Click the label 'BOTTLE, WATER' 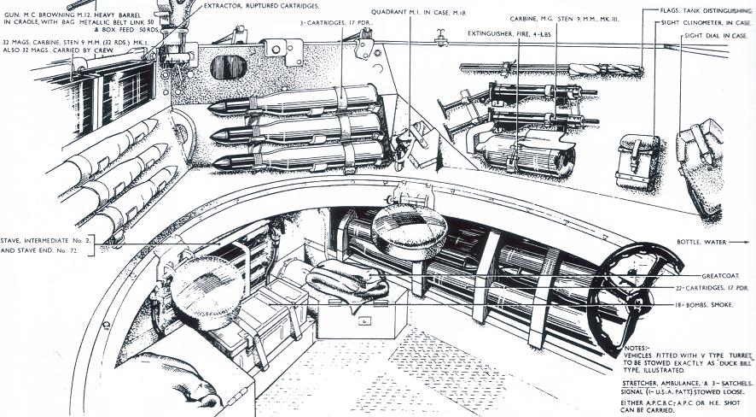(705, 242)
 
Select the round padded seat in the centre (409, 227)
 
